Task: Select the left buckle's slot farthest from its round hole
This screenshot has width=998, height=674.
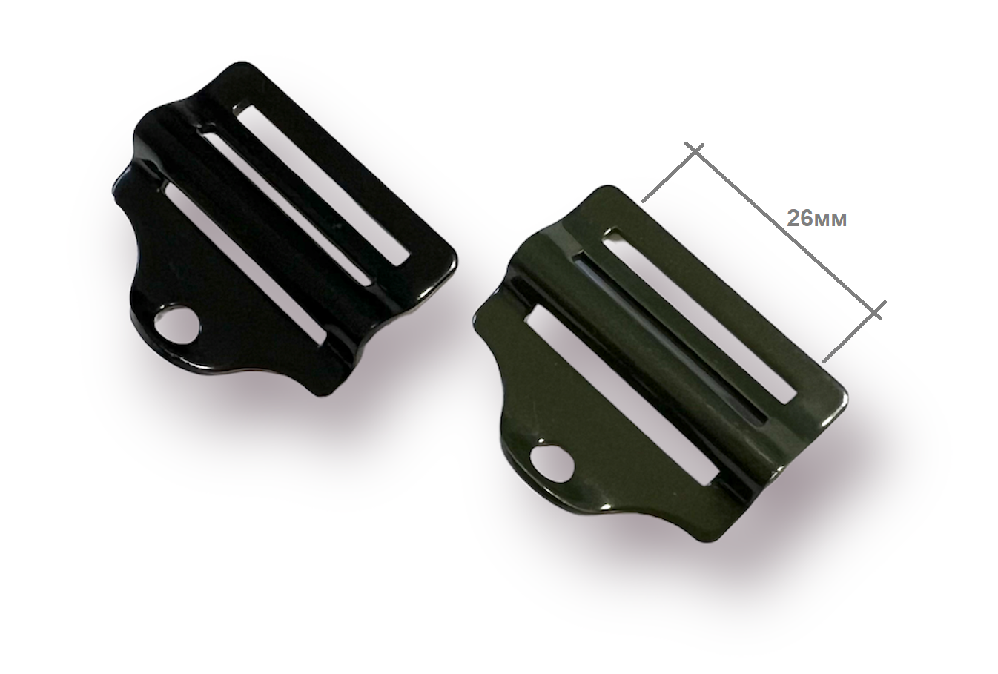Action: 321,186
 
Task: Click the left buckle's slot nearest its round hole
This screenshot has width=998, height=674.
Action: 245,262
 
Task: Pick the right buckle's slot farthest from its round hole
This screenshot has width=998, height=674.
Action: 699,317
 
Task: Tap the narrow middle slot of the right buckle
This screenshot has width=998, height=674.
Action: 668,339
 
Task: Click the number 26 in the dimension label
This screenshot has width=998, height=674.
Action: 800,219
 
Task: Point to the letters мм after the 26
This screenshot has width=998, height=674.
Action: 831,221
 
